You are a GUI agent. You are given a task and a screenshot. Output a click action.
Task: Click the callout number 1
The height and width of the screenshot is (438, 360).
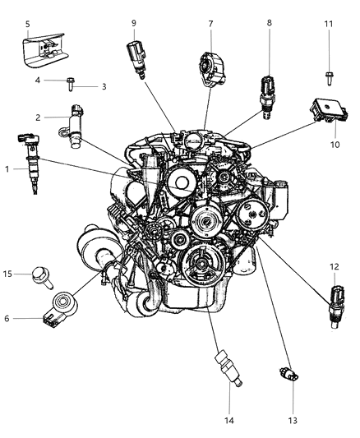click(7, 169)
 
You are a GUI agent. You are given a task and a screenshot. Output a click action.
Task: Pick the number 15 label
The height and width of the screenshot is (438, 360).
click(8, 274)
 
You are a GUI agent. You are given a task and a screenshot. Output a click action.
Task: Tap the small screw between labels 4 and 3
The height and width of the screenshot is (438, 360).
click(73, 83)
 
